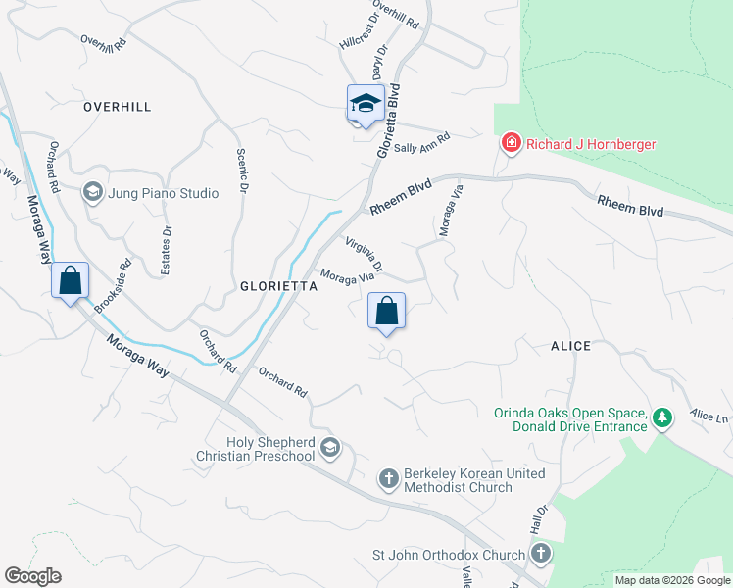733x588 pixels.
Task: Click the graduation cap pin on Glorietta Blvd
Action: point(365,104)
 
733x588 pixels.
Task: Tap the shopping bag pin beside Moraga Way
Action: point(71,281)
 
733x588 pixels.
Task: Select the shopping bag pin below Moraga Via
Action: point(387,312)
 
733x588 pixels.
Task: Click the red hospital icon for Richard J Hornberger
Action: point(510,144)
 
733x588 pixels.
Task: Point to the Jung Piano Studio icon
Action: point(93,193)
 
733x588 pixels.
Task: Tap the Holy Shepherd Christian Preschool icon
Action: point(330,449)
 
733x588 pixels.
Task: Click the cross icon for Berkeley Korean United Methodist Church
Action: point(388,479)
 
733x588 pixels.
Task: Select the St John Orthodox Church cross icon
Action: point(540,555)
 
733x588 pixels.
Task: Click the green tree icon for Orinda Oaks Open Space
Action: point(663,418)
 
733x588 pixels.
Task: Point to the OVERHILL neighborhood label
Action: point(118,106)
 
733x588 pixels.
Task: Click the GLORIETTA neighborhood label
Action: point(278,287)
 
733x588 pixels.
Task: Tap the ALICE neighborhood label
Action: point(570,346)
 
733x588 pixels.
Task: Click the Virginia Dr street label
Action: point(364,254)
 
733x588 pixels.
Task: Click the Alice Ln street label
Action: point(709,418)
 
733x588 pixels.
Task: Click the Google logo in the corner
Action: point(32,576)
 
